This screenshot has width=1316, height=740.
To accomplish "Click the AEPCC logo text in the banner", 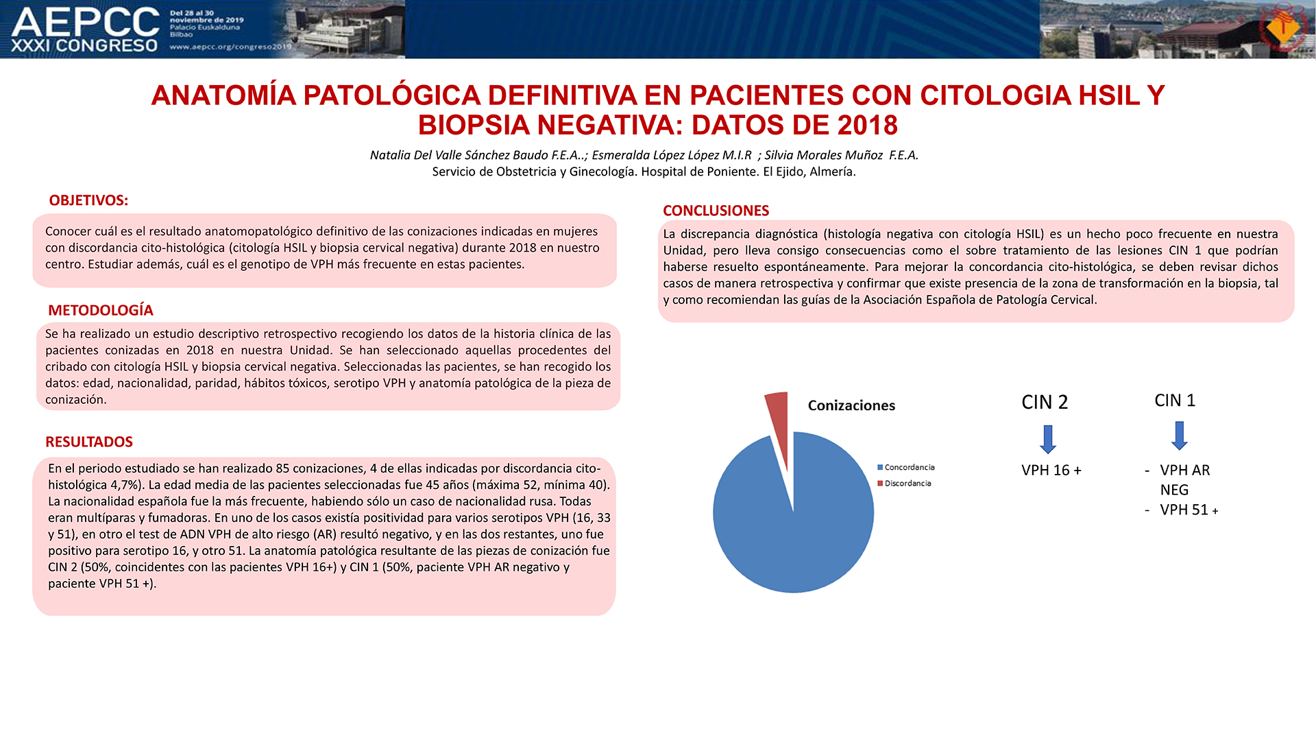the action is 86,23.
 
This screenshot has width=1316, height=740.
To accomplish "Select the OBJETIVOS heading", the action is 88,200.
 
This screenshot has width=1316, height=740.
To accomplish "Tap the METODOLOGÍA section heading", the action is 101,310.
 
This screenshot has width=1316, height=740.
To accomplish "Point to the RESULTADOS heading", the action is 89,442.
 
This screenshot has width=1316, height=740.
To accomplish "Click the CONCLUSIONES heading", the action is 716,211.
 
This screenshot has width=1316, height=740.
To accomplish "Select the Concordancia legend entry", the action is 906,467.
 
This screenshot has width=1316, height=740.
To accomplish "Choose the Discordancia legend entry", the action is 905,484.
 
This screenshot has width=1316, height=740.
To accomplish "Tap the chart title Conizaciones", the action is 851,405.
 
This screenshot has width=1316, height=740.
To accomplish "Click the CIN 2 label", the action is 1045,403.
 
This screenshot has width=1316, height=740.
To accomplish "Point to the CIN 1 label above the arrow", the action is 1175,401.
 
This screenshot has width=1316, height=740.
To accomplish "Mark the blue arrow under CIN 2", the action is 1048,440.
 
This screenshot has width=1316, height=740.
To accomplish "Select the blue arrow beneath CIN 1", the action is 1180,435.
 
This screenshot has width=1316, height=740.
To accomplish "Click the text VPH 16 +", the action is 1051,470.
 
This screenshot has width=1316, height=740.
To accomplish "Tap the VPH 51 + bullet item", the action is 1189,510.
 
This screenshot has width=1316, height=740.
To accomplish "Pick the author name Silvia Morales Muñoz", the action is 823,155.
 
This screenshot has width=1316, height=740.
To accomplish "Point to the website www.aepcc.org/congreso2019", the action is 230,47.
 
